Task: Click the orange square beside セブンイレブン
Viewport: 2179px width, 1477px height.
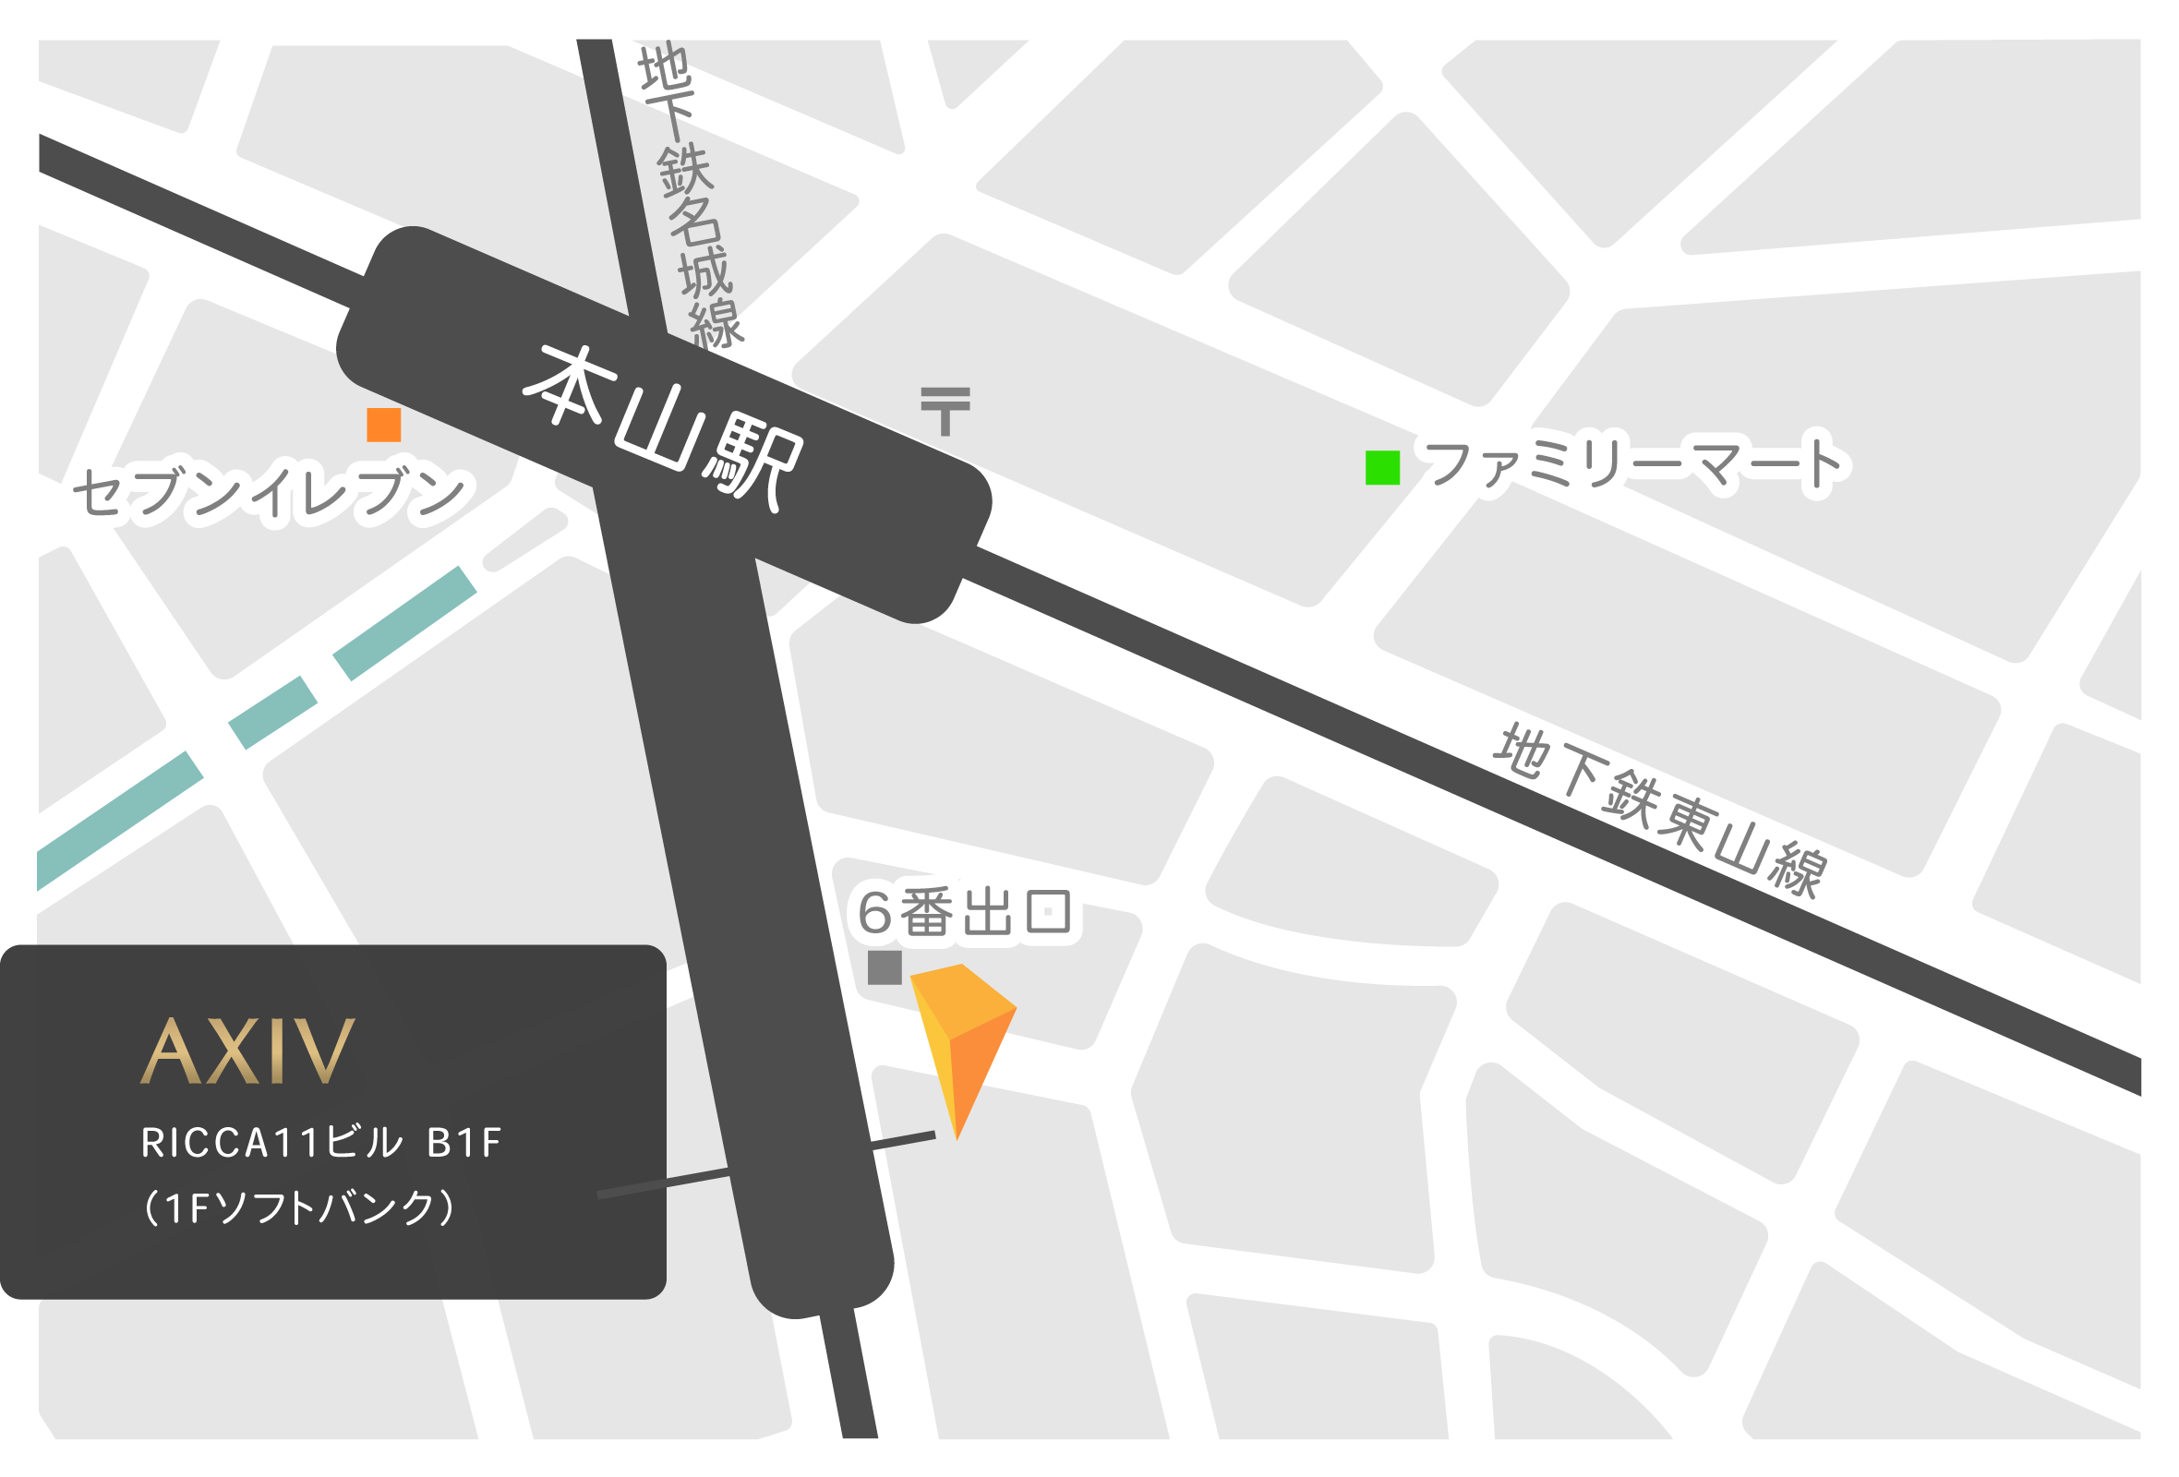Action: (384, 426)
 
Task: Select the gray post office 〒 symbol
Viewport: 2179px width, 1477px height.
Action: (946, 411)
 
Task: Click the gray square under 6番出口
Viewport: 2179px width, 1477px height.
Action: (885, 968)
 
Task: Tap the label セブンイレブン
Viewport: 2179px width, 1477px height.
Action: (271, 491)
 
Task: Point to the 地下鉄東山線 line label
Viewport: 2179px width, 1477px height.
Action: (1660, 811)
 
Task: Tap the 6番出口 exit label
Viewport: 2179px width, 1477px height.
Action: (966, 912)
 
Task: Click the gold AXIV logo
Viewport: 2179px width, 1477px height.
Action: (248, 1051)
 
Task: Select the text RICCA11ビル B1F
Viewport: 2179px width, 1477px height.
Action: (321, 1143)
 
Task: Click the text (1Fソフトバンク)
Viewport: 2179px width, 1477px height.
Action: (300, 1207)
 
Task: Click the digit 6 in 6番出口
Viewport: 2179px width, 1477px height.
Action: (875, 913)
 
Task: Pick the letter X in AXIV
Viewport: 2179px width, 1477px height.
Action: (233, 1051)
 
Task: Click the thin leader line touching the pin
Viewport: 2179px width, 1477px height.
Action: (902, 1141)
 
